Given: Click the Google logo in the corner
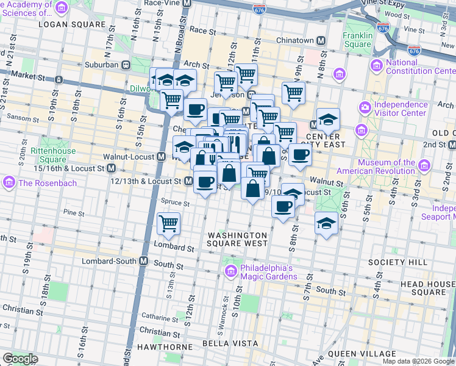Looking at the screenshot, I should point(20,359).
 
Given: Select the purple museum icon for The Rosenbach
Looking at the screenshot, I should point(9,182).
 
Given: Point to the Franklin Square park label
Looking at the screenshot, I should point(357,40).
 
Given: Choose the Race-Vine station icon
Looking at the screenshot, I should point(187,3).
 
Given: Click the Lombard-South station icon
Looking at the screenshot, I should point(144,260).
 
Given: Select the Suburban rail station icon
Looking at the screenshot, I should point(126,64).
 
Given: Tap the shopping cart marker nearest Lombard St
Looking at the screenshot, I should point(168,223).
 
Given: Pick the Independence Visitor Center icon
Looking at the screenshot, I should point(365,109).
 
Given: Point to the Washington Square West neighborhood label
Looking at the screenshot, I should point(237,239).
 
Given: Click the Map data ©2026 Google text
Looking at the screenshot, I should point(418,361).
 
